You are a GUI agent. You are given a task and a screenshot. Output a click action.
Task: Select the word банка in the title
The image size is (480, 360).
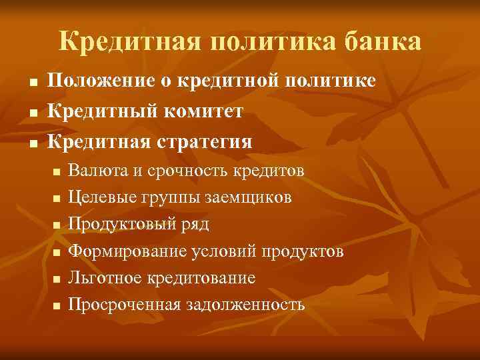pos(382,42)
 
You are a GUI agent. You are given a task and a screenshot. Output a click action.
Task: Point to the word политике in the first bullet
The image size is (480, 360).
pos(331,81)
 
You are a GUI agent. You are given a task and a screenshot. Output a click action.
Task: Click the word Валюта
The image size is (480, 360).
pos(98,171)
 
